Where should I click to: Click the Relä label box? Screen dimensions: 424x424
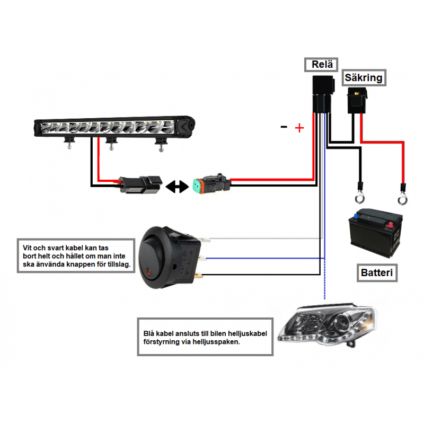321,65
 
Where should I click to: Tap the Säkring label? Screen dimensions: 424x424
363,78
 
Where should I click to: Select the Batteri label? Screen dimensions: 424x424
376,273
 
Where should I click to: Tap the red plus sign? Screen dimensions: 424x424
299,128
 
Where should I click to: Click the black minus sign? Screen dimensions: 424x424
284,126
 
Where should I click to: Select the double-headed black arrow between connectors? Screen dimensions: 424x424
176,186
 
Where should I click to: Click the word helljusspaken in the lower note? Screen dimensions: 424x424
216,342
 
